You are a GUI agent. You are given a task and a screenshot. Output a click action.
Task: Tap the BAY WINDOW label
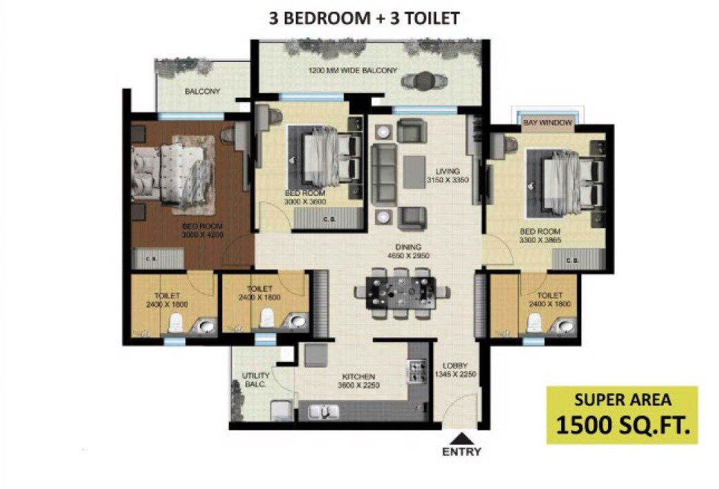[547, 122]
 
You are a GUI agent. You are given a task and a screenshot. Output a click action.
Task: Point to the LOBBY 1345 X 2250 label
[456, 370]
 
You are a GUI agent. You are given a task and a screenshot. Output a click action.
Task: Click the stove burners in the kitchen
[417, 372]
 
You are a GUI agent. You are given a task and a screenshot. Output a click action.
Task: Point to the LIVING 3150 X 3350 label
[447, 175]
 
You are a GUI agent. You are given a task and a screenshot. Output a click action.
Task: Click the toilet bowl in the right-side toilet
[533, 321]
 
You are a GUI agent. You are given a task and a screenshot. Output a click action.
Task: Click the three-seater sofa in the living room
[382, 174]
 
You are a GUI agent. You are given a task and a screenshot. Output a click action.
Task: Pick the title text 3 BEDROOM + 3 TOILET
[364, 18]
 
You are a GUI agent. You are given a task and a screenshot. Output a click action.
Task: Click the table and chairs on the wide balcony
[420, 79]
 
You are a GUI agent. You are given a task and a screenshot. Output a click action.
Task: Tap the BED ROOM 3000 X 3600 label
[305, 198]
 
